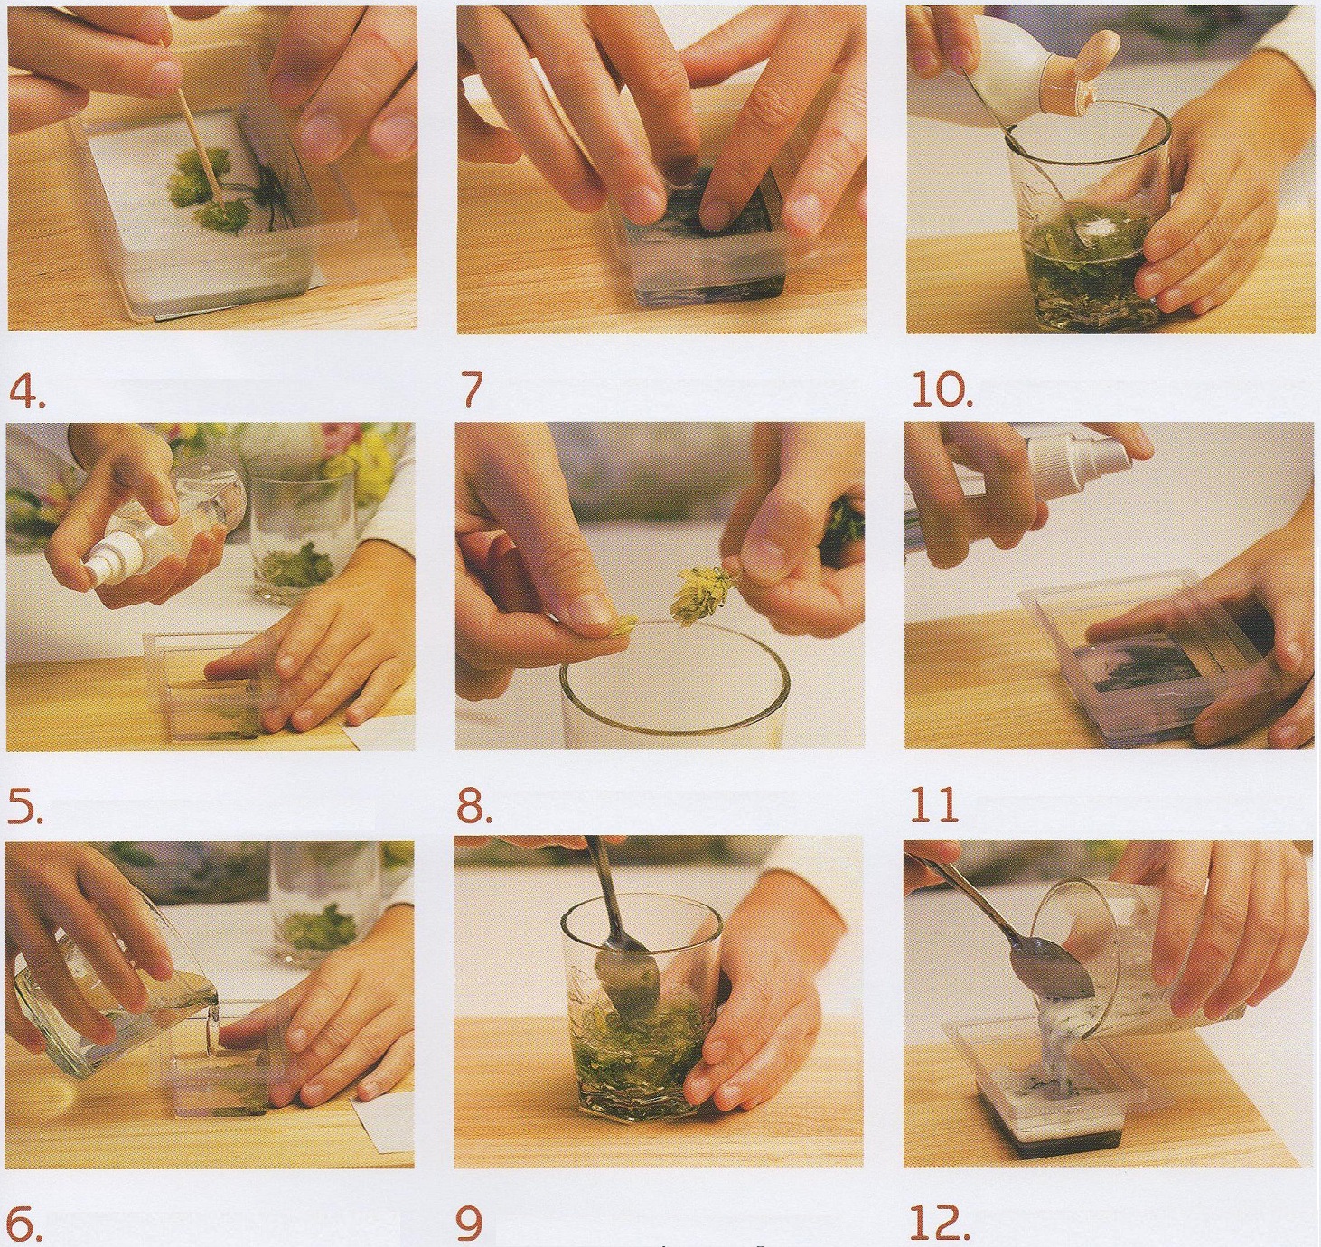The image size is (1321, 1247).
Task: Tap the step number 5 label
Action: (x=25, y=807)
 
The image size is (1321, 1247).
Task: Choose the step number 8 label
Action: (x=475, y=806)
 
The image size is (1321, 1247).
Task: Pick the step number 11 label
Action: (x=933, y=806)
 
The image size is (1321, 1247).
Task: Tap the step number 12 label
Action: (x=937, y=1223)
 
